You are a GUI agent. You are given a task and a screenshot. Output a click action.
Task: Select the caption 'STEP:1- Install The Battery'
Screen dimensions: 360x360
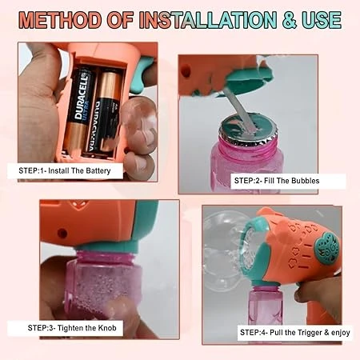[x=70, y=171]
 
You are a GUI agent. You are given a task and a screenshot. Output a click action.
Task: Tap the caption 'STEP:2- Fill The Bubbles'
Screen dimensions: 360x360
[x=277, y=182]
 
